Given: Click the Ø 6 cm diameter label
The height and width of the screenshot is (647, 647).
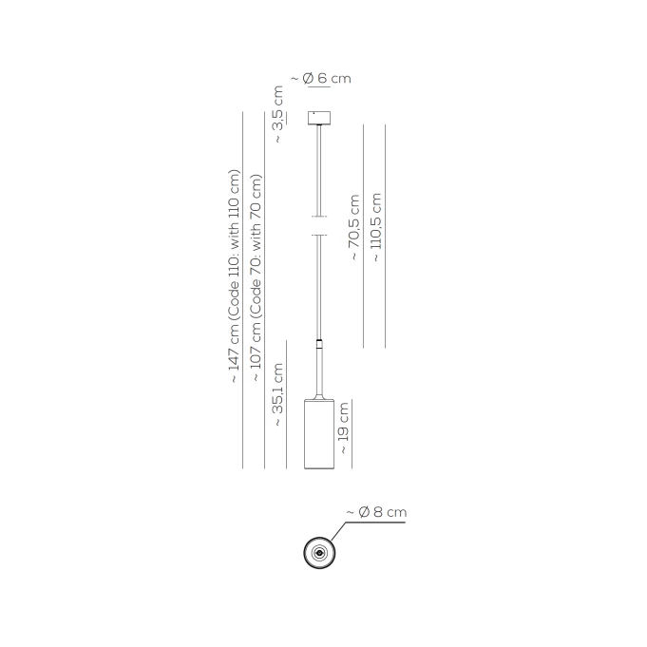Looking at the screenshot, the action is pos(321,78).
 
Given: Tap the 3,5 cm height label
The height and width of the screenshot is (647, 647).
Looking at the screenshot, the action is pos(278,114).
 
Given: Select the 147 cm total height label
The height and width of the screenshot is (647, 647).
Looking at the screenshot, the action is pos(234,276).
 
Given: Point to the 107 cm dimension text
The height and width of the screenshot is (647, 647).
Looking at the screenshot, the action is pos(256,277).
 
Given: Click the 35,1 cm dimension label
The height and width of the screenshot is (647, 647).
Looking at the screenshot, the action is pos(277,395).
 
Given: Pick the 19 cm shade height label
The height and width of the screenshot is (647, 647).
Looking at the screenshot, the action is pos(343,428).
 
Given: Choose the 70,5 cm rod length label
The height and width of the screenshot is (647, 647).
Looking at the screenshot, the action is pos(354,227).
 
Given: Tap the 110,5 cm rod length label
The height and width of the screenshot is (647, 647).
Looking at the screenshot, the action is pos(376,227).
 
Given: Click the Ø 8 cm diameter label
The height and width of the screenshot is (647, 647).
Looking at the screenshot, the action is pos(376,512).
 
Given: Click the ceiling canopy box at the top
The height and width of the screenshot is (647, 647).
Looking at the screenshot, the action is pos(319,118).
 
